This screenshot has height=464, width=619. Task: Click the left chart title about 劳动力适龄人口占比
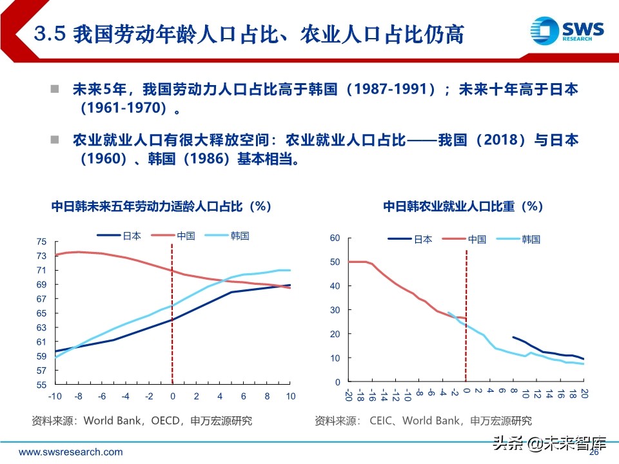(x=161, y=206)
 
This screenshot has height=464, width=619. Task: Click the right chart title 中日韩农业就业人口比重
(x=463, y=206)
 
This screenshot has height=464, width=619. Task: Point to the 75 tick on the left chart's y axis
(x=42, y=242)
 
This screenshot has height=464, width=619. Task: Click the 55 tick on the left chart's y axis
(x=42, y=385)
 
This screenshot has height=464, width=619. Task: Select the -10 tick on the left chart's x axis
(x=55, y=396)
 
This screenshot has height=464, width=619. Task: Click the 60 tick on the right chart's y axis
(x=334, y=238)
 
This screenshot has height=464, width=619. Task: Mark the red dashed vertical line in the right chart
(x=466, y=316)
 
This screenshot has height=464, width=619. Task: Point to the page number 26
(x=594, y=452)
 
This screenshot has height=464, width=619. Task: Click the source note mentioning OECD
(x=142, y=421)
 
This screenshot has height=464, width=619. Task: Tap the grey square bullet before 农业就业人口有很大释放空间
(x=55, y=139)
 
